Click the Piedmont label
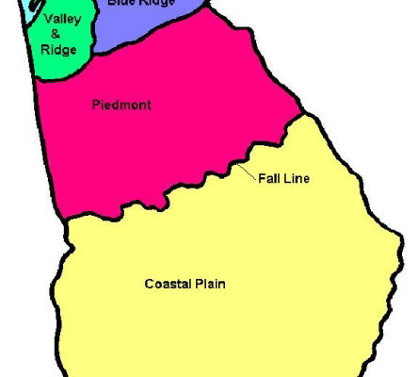point(122,105)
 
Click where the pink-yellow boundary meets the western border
point(66,220)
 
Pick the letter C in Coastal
point(149,283)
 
